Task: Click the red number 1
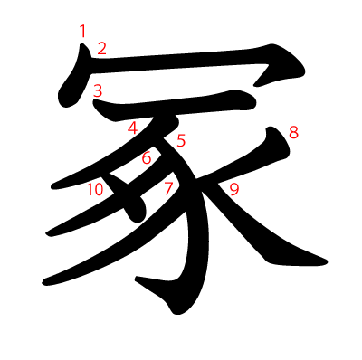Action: coord(82,32)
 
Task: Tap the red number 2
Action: coord(101,48)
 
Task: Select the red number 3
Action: coord(97,90)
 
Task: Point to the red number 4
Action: coord(132,128)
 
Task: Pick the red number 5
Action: coord(181,140)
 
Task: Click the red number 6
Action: coord(146,158)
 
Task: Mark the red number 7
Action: coord(168,188)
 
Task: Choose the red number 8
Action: coord(293,134)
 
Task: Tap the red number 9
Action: coord(233,189)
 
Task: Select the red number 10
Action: coord(96,189)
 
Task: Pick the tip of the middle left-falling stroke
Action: coord(47,234)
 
